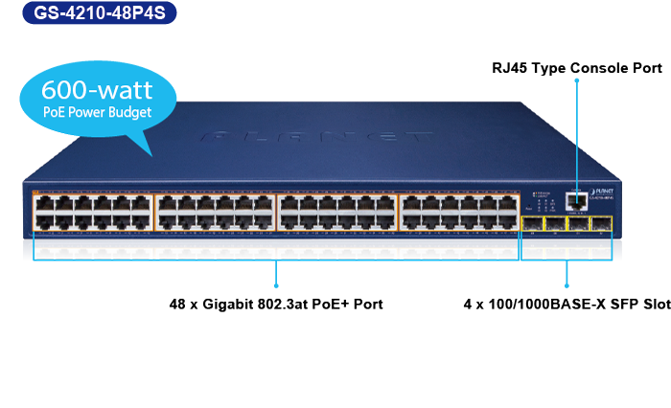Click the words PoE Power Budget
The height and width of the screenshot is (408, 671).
[97, 112]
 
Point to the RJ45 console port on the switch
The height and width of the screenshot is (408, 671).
[577, 200]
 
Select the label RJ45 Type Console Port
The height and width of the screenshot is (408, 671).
[577, 68]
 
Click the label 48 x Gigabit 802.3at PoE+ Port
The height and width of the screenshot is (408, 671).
[276, 304]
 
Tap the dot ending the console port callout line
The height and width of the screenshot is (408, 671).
[577, 81]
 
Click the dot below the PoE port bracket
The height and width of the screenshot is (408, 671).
[276, 285]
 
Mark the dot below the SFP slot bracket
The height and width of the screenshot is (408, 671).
[566, 285]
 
